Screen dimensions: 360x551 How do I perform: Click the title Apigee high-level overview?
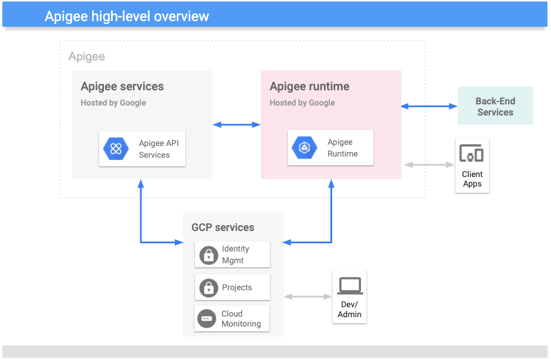coord(127,16)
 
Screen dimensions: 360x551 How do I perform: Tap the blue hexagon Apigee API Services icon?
coord(116,149)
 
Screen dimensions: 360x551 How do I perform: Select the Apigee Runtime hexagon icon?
coord(305,148)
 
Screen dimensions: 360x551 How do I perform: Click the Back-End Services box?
coord(495,107)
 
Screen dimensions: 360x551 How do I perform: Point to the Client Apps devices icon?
coord(472,154)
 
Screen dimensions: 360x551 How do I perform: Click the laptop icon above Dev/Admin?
coord(350,286)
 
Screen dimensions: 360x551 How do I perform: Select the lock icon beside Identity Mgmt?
coord(208,255)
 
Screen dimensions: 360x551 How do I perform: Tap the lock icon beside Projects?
coord(208,288)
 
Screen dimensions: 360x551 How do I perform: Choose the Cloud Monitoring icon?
coord(207,318)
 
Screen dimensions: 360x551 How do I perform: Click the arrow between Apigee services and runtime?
coord(236,124)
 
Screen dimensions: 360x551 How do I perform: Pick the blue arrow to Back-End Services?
coord(429,106)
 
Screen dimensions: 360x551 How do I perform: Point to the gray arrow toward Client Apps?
coord(429,165)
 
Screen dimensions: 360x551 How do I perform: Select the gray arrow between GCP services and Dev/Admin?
coord(308,297)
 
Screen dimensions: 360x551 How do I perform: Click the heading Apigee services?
coord(122,87)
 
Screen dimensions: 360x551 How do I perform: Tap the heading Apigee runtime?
coord(309,87)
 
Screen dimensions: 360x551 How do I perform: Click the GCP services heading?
coord(223,227)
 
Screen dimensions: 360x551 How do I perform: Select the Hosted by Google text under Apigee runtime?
coord(302,103)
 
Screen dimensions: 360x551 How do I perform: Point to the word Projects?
coord(237,288)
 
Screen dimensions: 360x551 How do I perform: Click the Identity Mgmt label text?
coord(235,254)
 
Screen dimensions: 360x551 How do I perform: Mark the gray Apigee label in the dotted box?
coord(87,57)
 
